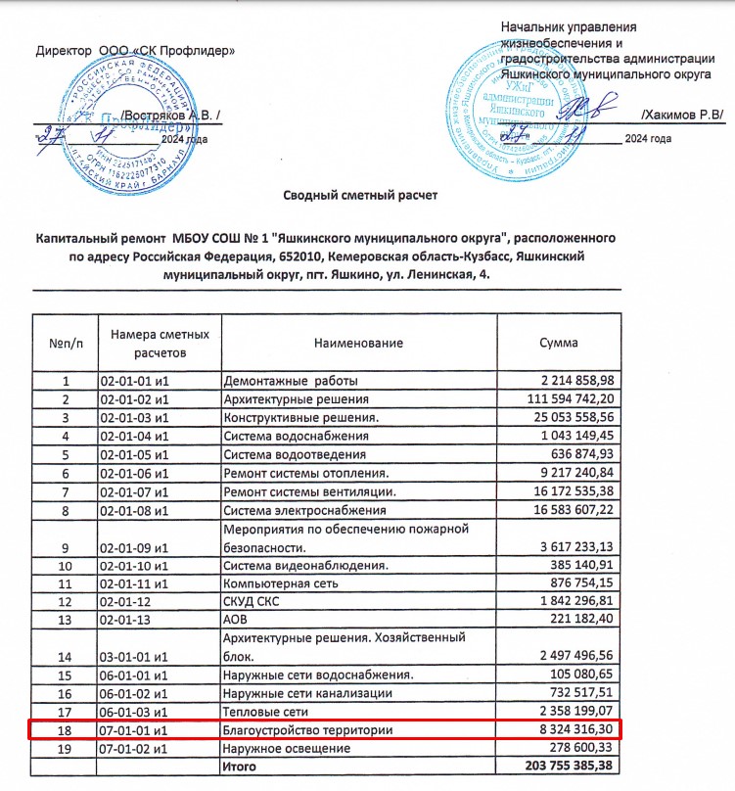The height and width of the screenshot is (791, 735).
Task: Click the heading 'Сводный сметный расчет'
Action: point(359,196)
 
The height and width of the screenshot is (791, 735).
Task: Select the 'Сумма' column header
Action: point(559,344)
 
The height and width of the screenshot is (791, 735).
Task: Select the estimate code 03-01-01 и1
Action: point(135,655)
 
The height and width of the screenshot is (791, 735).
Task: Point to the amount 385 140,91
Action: point(583,565)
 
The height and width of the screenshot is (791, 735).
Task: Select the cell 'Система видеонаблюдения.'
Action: point(304,565)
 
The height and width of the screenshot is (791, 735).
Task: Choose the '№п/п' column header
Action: point(66,344)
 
